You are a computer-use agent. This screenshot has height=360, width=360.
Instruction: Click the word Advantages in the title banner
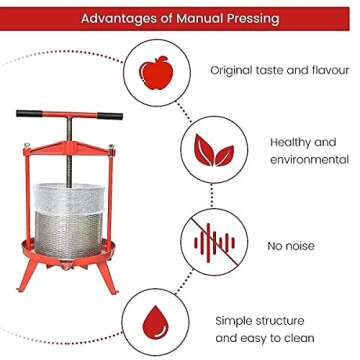click(x=118, y=18)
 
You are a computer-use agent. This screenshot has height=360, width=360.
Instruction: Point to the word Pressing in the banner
click(x=252, y=18)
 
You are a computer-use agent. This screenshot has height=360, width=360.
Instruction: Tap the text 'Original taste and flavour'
click(x=273, y=71)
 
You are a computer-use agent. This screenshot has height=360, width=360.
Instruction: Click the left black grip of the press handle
click(x=33, y=113)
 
